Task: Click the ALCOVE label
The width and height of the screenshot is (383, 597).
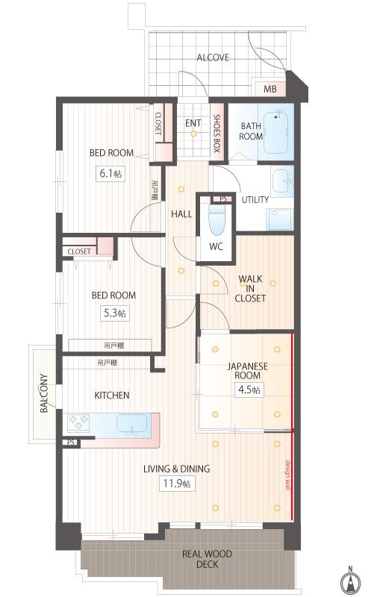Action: (x=213, y=57)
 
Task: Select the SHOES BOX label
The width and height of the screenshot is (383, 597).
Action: (x=217, y=132)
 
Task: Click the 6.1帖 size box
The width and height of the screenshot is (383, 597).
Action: (x=111, y=173)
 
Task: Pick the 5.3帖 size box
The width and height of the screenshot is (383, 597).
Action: (x=113, y=313)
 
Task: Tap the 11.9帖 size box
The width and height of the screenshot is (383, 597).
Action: (x=176, y=484)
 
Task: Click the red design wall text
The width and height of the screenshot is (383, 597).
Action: (x=287, y=473)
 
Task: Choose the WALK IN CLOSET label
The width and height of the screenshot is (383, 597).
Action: (x=251, y=288)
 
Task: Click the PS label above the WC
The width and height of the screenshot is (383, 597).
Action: (x=222, y=199)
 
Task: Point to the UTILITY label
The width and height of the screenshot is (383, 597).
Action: (x=255, y=200)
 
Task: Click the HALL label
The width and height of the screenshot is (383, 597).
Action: (x=181, y=213)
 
